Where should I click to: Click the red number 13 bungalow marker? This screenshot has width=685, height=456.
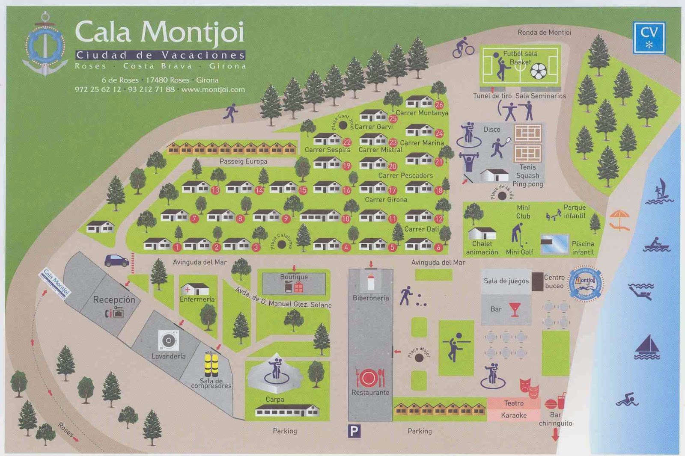coord(215,190)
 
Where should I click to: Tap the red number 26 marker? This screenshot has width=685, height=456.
coord(439,105)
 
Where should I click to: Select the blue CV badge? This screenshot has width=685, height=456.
coord(649,38)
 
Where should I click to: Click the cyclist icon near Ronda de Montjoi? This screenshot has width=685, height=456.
coord(463,47)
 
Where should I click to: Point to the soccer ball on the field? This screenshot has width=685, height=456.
coord(538,71)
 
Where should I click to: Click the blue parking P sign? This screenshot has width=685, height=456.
coord(354,431)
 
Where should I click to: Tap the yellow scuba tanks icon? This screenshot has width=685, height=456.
coord(211,364)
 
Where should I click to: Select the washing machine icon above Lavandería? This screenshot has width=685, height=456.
coord(168,341)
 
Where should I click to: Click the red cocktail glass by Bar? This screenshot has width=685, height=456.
coord(515,309)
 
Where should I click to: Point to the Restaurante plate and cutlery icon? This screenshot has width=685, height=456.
coord(370,378)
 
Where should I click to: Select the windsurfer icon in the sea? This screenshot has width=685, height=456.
coord(661,191)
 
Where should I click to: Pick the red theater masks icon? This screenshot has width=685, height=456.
coord(529,386)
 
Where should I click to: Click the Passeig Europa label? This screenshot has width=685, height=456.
coord(243,161)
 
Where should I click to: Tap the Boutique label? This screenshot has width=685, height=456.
coord(294,277)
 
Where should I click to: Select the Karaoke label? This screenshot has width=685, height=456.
coord(513,415)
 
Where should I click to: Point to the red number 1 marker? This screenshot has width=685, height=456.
coord(177,247)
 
